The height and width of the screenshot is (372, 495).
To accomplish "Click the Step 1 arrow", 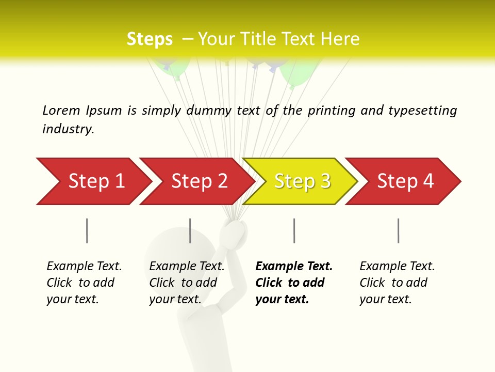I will tap(93, 181).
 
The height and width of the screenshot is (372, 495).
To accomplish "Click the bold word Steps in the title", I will tap(150, 39).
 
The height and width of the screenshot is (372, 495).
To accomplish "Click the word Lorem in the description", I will tap(61, 110).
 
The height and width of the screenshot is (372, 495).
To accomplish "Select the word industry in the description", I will tap(68, 129).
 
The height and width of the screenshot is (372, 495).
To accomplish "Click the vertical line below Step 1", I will tap(87, 230).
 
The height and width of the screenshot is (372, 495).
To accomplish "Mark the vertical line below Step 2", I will tap(190, 230).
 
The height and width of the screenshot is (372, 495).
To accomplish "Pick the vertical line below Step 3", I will tap(294, 230).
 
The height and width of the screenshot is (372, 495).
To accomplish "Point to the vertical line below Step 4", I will tap(398, 230).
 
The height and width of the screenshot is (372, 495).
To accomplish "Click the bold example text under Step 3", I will tap(293, 283).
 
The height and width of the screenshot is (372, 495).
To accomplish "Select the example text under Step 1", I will tap(84, 283).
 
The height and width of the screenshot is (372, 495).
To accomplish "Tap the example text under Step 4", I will tap(397, 283).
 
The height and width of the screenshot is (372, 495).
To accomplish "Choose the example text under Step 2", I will tap(187, 283).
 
